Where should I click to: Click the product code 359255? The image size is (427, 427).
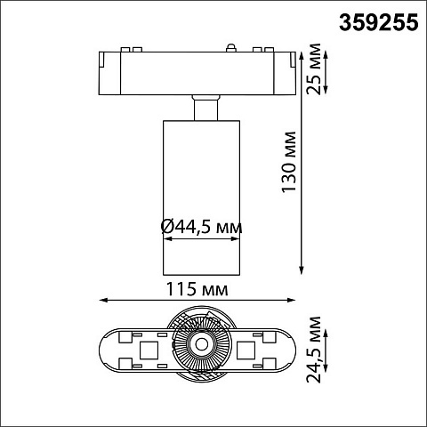click(379, 23)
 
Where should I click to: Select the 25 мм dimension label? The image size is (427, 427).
click(314, 68)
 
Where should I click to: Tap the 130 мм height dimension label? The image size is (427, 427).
click(289, 162)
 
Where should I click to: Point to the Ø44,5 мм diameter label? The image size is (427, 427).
click(201, 228)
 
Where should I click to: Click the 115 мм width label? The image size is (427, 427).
click(197, 289)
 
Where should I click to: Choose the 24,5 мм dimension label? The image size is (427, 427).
click(314, 350)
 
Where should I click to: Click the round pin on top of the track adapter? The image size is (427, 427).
click(231, 47)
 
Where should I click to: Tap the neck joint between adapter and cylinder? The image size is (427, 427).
click(205, 108)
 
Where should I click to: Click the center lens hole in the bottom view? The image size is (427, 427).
click(202, 344)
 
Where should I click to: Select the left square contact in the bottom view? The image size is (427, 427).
click(149, 350)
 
